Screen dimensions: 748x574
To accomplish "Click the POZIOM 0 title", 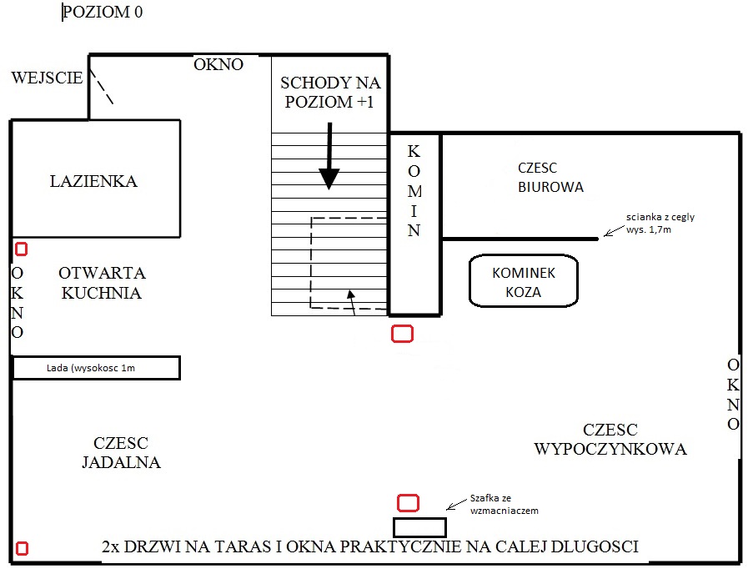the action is pyautogui.click(x=103, y=12).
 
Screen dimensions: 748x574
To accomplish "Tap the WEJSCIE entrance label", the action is pyautogui.click(x=47, y=78).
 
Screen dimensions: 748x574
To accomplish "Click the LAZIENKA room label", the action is pyautogui.click(x=93, y=181).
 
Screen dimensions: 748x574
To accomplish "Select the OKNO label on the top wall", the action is pyautogui.click(x=218, y=64).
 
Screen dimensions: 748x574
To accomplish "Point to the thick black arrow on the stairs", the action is pyautogui.click(x=329, y=156).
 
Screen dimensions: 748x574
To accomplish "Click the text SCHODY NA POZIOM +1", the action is pyautogui.click(x=330, y=92).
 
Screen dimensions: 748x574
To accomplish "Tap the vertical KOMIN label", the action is pyautogui.click(x=414, y=191).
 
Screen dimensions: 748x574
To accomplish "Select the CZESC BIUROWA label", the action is pyautogui.click(x=551, y=177).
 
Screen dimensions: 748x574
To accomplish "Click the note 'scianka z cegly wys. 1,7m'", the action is pyautogui.click(x=660, y=224).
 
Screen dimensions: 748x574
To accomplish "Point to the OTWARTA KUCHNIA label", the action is pyautogui.click(x=102, y=283).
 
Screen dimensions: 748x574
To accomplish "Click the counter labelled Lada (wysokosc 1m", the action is pyautogui.click(x=96, y=368).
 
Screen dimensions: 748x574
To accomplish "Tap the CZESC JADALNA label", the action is pyautogui.click(x=121, y=453).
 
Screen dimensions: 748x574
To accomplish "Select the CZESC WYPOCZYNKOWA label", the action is pyautogui.click(x=610, y=440).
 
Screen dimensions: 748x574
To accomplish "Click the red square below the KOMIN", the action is pyautogui.click(x=402, y=334).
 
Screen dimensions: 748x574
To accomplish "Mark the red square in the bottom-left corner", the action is pyautogui.click(x=22, y=549).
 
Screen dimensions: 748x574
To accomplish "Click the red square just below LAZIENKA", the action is pyautogui.click(x=22, y=249).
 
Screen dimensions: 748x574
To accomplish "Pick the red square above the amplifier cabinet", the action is pyautogui.click(x=409, y=503).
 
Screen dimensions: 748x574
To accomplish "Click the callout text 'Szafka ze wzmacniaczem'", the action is pyautogui.click(x=505, y=505).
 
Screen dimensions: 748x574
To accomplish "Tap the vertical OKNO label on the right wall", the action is pyautogui.click(x=733, y=394).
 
